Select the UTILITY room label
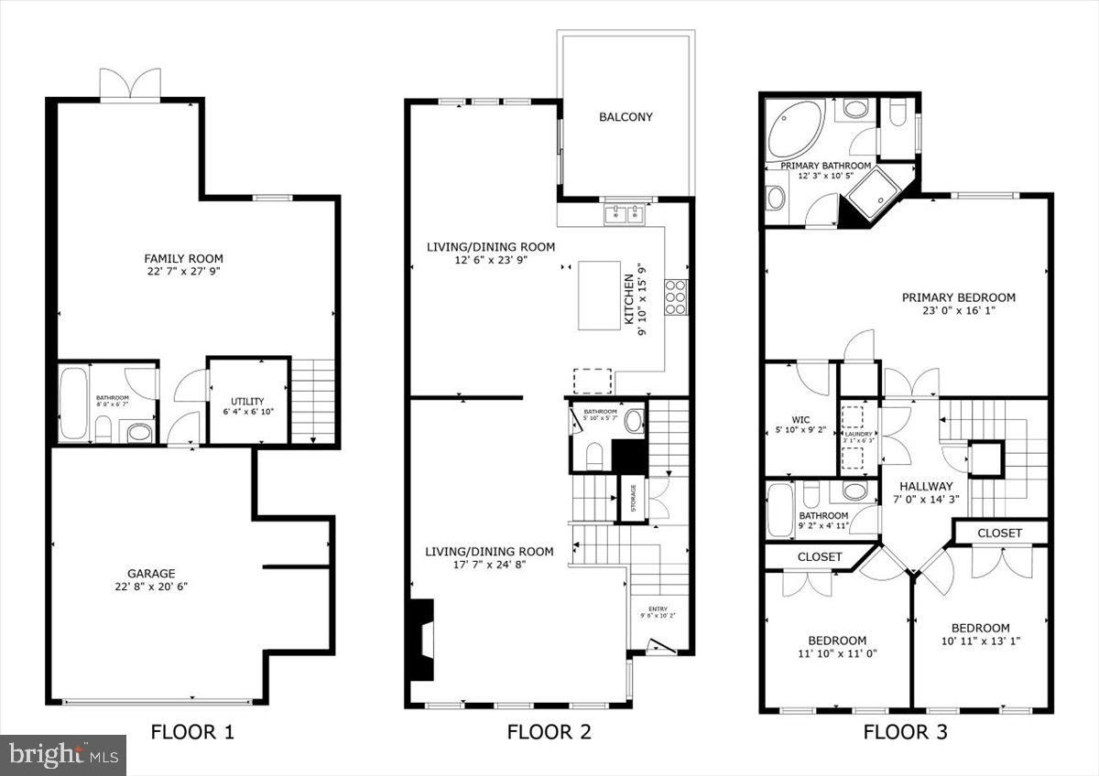[x=247, y=401]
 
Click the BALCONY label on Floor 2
[x=626, y=116]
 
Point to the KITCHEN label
[x=629, y=299]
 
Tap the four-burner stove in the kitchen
[x=677, y=297]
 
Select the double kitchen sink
[x=626, y=215]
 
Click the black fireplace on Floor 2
[x=420, y=639]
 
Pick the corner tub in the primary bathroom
[x=795, y=130]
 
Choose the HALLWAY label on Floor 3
[x=926, y=486]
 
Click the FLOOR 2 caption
[x=549, y=732]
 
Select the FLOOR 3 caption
[x=905, y=732]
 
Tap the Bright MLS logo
[x=62, y=755]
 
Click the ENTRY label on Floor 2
[x=658, y=609]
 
